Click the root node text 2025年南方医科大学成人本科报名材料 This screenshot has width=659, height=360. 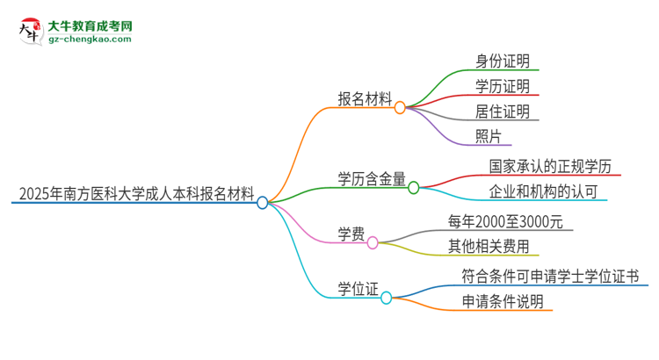pyautogui.click(x=135, y=191)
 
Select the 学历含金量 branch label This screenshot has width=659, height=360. pyautogui.click(x=372, y=179)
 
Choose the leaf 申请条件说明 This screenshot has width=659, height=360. pyautogui.click(x=503, y=301)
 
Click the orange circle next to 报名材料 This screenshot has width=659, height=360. pyautogui.click(x=400, y=107)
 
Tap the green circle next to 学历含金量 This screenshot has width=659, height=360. pyautogui.click(x=413, y=187)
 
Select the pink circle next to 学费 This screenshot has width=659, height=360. pyautogui.click(x=373, y=242)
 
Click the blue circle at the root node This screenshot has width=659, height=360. pyautogui.click(x=263, y=203)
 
